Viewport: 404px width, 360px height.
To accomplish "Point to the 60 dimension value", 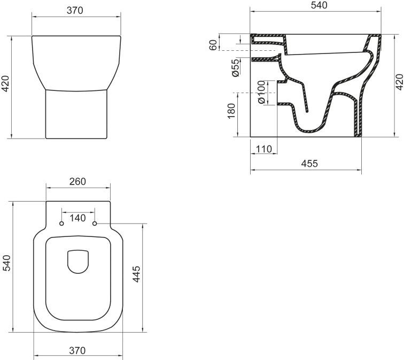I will point(214,44).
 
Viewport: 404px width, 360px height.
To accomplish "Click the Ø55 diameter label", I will point(236,68).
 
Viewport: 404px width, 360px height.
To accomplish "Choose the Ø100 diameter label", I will point(261,92).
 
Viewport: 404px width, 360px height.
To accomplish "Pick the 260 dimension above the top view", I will point(78,182).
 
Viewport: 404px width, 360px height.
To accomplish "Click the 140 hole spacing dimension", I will point(78,218).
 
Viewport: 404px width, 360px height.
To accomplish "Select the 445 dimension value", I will point(136,275).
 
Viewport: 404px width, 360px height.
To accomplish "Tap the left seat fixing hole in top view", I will point(61,223).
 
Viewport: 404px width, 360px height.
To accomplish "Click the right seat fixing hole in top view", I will point(95,223).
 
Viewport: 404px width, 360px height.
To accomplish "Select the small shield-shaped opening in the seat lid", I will point(78,261).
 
